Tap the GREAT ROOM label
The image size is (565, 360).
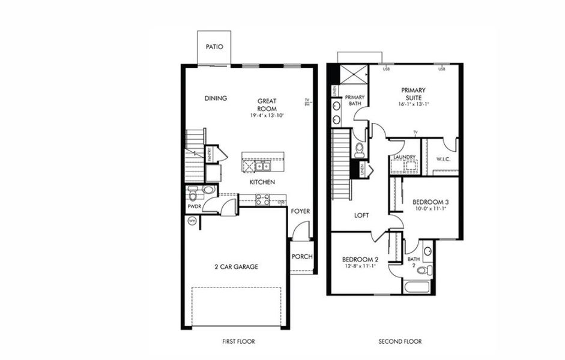pyautogui.click(x=267, y=104)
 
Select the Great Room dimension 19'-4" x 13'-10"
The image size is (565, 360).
pyautogui.click(x=267, y=115)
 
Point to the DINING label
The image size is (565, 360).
pyautogui.click(x=215, y=99)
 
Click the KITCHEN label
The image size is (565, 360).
pyautogui.click(x=262, y=182)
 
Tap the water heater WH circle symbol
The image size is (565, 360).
pyautogui.click(x=192, y=221)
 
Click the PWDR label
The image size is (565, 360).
pyautogui.click(x=195, y=206)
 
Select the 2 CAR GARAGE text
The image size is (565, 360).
pyautogui.click(x=237, y=267)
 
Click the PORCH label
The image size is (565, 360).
pyautogui.click(x=302, y=257)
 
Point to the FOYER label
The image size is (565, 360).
pyautogui.click(x=301, y=211)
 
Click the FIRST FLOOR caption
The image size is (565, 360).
pyautogui.click(x=238, y=341)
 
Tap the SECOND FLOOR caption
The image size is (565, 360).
pyautogui.click(x=399, y=341)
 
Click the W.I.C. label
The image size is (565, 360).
pyautogui.click(x=444, y=159)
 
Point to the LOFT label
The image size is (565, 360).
pyautogui.click(x=361, y=215)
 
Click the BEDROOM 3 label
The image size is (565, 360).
pyautogui.click(x=431, y=202)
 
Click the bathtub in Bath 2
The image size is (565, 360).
pyautogui.click(x=417, y=286)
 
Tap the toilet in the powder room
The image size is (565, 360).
pyautogui.click(x=193, y=194)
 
